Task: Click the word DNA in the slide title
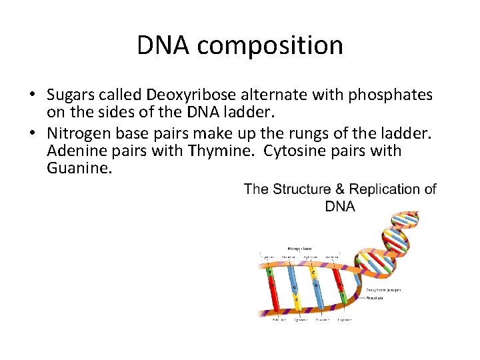click(164, 45)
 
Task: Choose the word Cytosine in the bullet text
click(293, 151)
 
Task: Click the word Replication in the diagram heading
click(386, 189)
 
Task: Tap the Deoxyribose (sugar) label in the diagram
click(383, 290)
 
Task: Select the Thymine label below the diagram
click(344, 320)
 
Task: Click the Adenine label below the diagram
click(280, 320)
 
